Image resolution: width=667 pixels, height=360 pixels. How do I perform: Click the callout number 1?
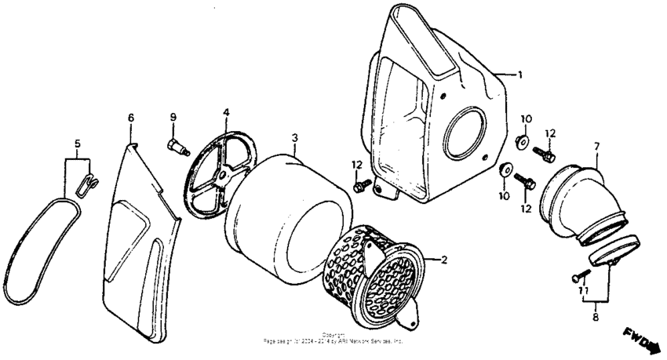click(519, 75)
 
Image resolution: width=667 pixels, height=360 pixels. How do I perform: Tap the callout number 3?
click(294, 139)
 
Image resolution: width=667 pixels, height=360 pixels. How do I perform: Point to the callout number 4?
click(225, 113)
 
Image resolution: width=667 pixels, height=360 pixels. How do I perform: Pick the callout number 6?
click(131, 118)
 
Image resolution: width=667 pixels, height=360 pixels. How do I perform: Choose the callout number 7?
click(597, 147)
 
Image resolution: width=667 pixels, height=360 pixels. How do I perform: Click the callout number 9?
click(173, 118)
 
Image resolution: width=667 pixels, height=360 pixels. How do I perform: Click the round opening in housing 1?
click(468, 130)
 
